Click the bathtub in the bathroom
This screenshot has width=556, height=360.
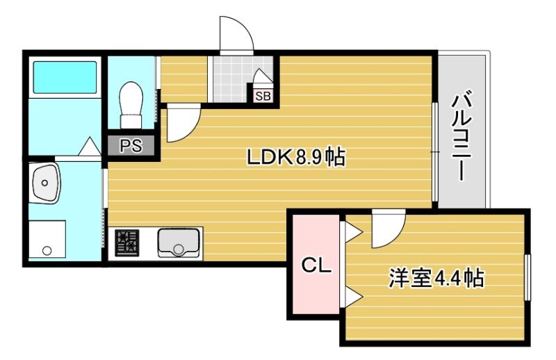coord(65,76)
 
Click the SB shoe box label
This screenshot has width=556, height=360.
coord(263,96)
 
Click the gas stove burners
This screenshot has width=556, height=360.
coord(127,243)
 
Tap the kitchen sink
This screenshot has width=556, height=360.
coord(179,243)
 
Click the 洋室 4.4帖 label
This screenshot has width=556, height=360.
coord(436,279)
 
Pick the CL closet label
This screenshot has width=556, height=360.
coord(315,265)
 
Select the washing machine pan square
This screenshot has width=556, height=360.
coord(47,240)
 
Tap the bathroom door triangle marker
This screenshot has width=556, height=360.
coord(90,147)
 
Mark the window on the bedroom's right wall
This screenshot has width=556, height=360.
coord(528,277)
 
